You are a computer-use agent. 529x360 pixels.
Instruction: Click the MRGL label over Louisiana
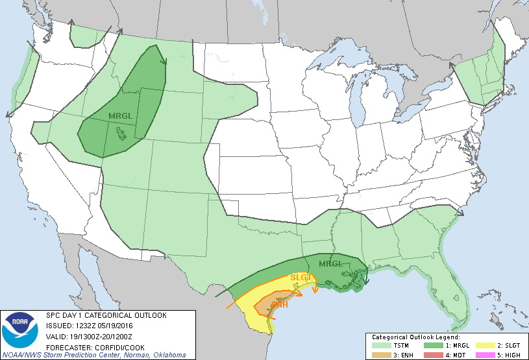(x=330, y=264)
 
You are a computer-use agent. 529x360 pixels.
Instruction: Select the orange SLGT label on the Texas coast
(x=302, y=278)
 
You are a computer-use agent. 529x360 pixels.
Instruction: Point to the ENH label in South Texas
(x=279, y=304)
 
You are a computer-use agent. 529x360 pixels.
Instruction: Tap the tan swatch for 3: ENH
(x=378, y=355)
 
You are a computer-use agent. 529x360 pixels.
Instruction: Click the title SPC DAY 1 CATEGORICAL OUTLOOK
(x=106, y=315)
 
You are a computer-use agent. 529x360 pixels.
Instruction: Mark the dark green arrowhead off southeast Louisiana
(x=366, y=281)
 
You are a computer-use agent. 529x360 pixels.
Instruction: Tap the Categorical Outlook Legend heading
(x=415, y=338)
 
